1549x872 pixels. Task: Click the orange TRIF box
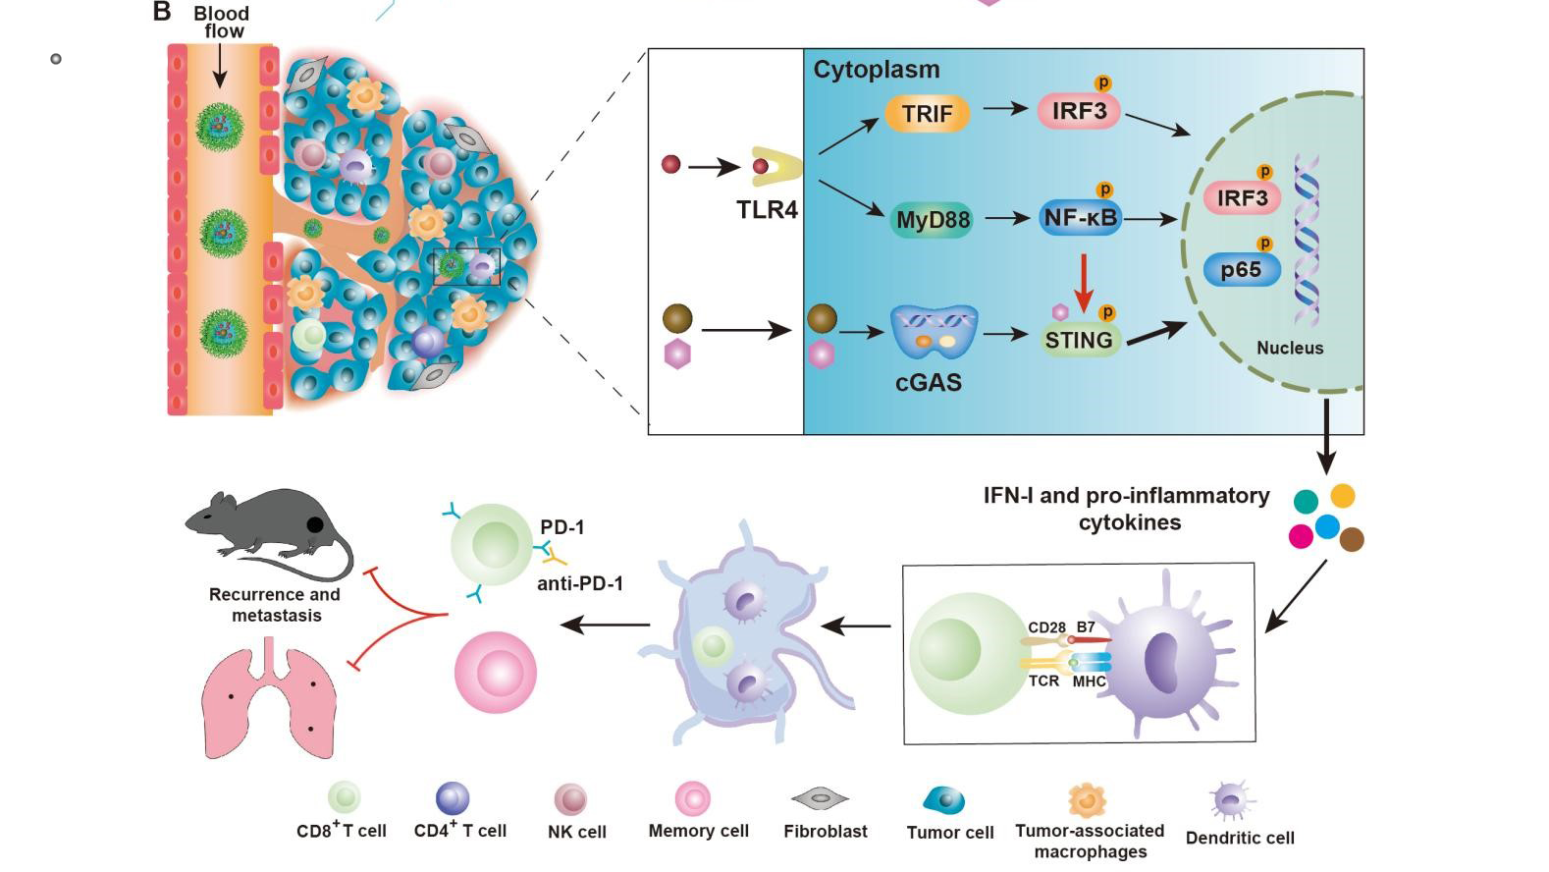(x=928, y=113)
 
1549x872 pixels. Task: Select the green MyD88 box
(x=933, y=219)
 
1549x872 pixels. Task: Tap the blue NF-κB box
(x=1080, y=218)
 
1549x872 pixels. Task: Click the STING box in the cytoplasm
(x=1078, y=340)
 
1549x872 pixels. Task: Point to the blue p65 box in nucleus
(x=1242, y=269)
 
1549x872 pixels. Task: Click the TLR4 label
(x=767, y=209)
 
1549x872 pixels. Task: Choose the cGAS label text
(x=928, y=381)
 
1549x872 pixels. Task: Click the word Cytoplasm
(x=876, y=70)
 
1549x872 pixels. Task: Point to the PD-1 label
(x=561, y=527)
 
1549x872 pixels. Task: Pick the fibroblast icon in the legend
(x=820, y=799)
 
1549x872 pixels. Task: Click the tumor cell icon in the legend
(x=944, y=800)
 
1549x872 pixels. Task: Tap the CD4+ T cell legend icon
(x=453, y=798)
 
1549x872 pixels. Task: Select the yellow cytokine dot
(x=1342, y=496)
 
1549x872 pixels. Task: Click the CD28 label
(x=1046, y=627)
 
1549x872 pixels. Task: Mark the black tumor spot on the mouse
(x=315, y=524)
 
